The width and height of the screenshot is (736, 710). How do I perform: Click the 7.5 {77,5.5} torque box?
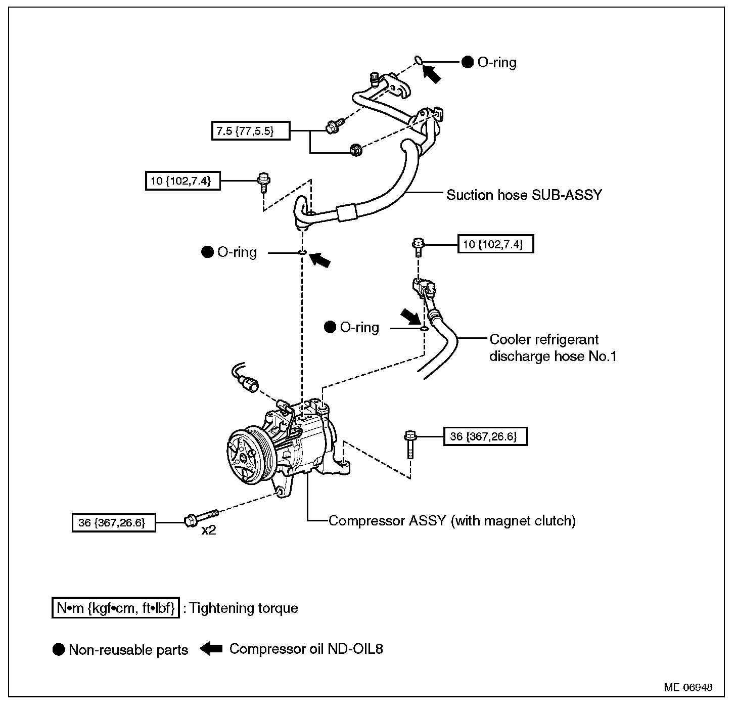pyautogui.click(x=250, y=130)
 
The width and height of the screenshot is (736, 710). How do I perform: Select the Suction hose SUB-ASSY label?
pyautogui.click(x=524, y=195)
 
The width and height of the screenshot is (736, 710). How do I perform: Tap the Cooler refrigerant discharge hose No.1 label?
pyautogui.click(x=553, y=348)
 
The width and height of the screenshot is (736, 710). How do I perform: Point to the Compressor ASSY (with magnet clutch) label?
pyautogui.click(x=452, y=520)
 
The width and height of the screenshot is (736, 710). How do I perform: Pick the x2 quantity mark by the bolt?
pyautogui.click(x=208, y=531)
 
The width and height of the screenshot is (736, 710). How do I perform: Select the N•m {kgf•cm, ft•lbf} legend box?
pyautogui.click(x=115, y=608)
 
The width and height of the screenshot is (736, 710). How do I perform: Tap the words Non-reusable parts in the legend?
pyautogui.click(x=128, y=650)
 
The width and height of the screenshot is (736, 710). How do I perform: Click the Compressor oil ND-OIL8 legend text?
pyautogui.click(x=306, y=649)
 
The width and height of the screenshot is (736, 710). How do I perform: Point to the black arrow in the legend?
pyautogui.click(x=211, y=649)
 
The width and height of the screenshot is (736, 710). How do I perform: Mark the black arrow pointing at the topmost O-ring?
pyautogui.click(x=432, y=73)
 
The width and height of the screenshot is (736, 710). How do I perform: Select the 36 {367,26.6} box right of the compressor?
pyautogui.click(x=485, y=436)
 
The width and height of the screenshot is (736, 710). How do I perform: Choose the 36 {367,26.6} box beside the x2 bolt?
pyautogui.click(x=113, y=522)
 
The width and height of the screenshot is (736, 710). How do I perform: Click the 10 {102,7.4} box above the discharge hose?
pyautogui.click(x=495, y=244)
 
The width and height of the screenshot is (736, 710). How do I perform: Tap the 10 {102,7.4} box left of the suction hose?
pyautogui.click(x=182, y=181)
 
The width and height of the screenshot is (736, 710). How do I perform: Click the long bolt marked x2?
pyautogui.click(x=202, y=517)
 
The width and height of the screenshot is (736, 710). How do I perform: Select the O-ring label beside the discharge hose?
pyautogui.click(x=359, y=327)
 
